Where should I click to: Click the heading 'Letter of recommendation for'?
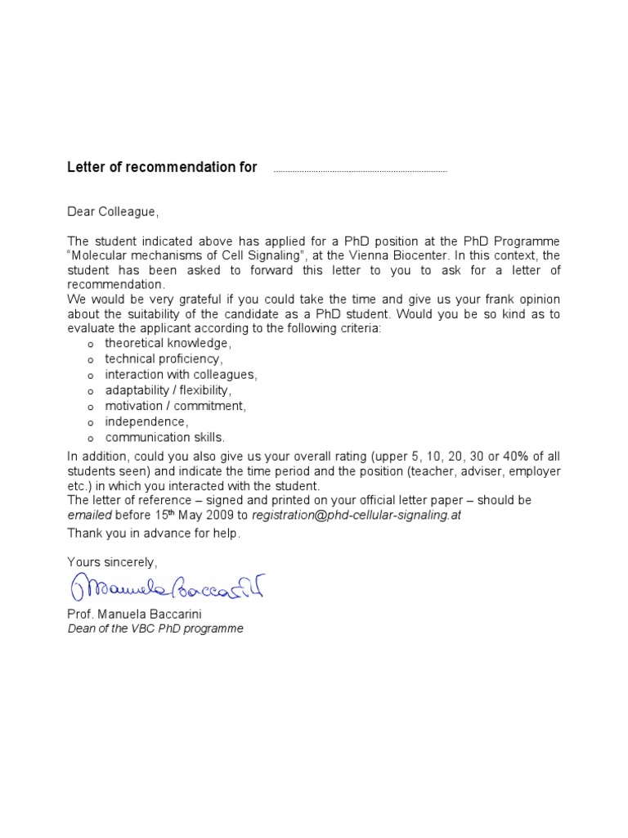point(162,168)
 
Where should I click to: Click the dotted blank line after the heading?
point(360,171)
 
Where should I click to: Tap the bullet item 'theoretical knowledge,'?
point(168,344)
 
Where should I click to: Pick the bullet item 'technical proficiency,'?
point(164,359)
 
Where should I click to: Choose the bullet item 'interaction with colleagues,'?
point(181,375)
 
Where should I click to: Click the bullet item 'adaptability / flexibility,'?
point(168,390)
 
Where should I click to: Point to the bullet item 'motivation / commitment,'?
point(175,406)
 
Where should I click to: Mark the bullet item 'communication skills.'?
point(164,437)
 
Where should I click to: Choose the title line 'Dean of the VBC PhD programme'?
point(155,628)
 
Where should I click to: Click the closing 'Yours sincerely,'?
point(112,562)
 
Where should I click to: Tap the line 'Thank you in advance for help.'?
point(154,534)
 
